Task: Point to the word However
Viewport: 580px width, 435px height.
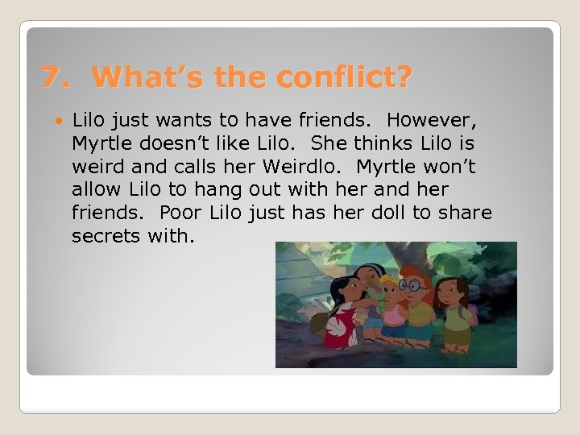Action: click(432, 121)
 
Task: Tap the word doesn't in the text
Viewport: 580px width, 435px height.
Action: click(167, 144)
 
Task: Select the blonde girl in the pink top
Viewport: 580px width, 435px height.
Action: click(394, 310)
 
